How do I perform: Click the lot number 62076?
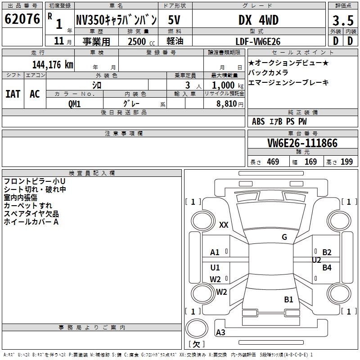click(x=22, y=20)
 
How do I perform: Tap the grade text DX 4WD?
click(x=258, y=20)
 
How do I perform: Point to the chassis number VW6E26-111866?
click(x=302, y=144)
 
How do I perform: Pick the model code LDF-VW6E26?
click(x=258, y=41)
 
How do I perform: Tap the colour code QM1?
click(x=75, y=104)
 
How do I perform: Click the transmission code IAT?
click(x=13, y=94)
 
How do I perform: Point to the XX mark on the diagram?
click(x=224, y=225)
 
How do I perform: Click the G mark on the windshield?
click(x=284, y=237)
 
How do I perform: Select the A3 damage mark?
click(x=220, y=333)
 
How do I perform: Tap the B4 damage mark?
click(x=327, y=268)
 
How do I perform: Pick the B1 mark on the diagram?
click(x=288, y=299)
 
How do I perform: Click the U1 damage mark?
click(x=215, y=268)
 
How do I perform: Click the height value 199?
click(x=346, y=162)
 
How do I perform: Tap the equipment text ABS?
click(x=258, y=121)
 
